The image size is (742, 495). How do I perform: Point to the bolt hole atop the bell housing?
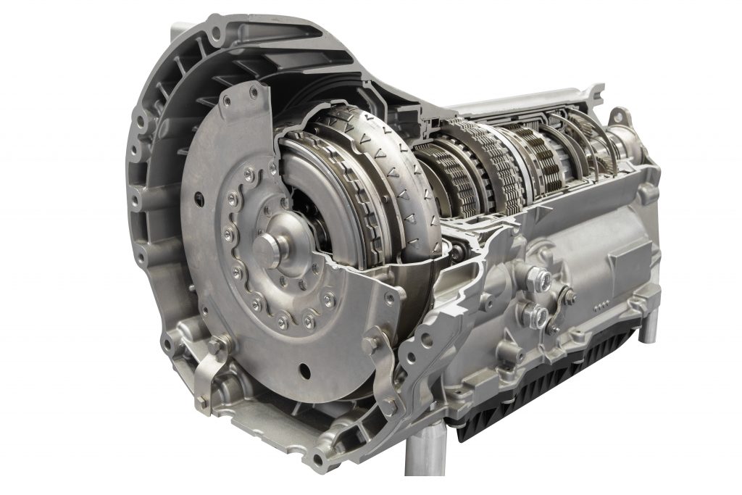(215, 28)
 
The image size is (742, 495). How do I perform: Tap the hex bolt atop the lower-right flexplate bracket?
(372, 338)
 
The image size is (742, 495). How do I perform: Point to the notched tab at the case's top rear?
(587, 93)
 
